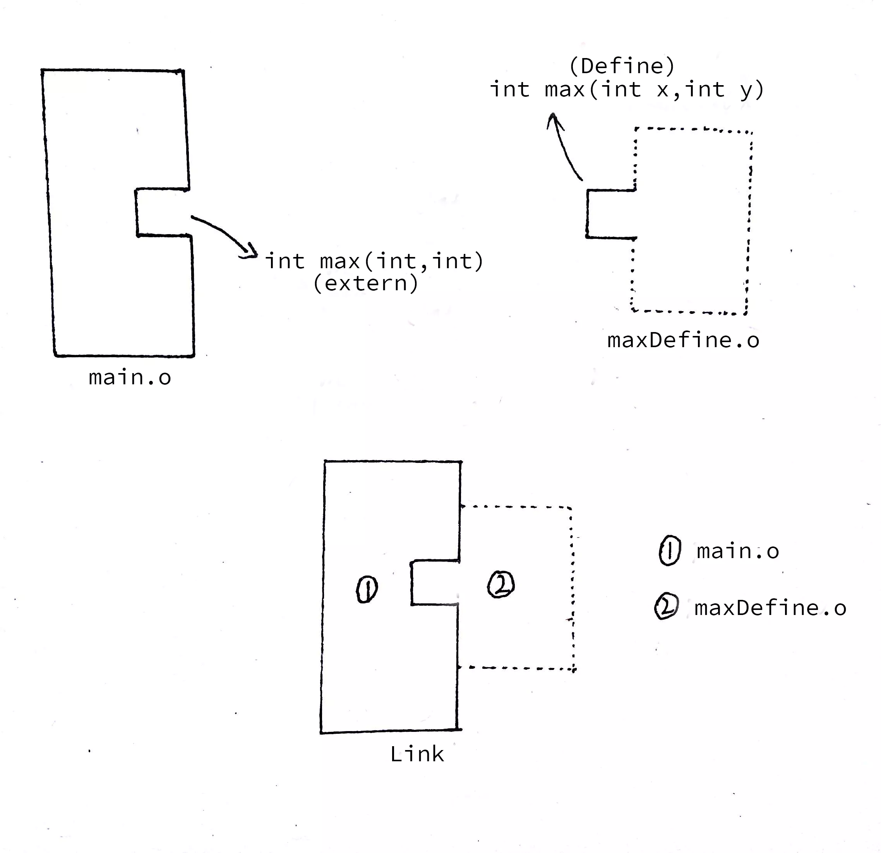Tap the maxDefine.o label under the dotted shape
(x=683, y=341)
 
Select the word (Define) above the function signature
(x=622, y=67)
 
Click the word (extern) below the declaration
(x=365, y=284)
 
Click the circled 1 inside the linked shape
(x=367, y=590)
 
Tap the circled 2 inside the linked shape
(x=501, y=584)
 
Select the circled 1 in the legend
(x=669, y=550)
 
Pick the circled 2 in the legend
(x=666, y=607)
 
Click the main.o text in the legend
(x=738, y=552)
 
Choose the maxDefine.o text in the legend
(x=770, y=608)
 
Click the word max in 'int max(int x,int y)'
(x=564, y=89)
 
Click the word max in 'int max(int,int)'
(x=340, y=262)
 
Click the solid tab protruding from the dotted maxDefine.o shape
(x=610, y=214)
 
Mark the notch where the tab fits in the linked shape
(x=434, y=582)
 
